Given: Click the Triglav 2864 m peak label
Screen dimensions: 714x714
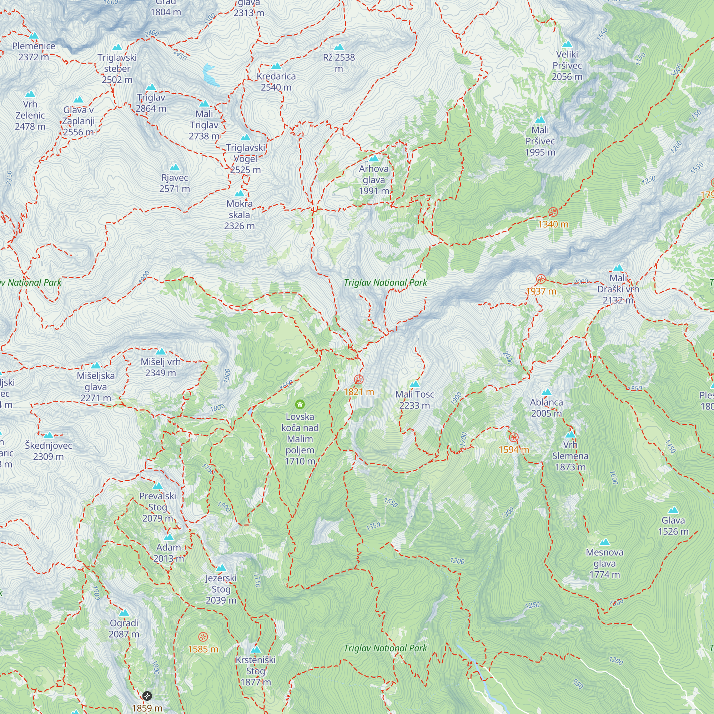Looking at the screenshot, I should [x=151, y=103].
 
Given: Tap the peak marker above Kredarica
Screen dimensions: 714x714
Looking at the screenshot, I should [x=276, y=66].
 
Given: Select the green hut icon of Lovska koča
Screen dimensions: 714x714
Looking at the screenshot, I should [x=300, y=404].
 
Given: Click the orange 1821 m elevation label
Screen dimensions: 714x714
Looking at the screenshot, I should [x=358, y=392].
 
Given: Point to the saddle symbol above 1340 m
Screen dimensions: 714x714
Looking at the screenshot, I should [x=553, y=212].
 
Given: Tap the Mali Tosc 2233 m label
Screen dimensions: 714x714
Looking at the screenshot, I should [x=414, y=400].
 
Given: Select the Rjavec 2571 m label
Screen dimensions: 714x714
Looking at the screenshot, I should [x=175, y=183].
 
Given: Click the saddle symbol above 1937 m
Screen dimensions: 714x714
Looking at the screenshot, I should [x=540, y=279].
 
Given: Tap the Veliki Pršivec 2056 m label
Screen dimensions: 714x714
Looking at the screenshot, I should [x=567, y=65].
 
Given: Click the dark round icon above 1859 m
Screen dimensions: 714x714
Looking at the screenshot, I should [x=147, y=696].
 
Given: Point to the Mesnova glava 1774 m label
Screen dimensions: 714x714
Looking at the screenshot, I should [x=604, y=563].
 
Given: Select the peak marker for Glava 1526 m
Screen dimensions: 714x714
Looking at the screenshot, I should [x=673, y=510].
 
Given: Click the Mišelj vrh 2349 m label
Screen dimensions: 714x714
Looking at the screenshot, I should [x=160, y=367].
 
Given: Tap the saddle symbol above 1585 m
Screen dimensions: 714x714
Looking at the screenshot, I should [x=203, y=637].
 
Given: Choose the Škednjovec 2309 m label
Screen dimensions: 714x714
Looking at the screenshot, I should [x=49, y=451].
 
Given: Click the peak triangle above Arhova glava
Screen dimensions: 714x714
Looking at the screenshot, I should [x=374, y=159].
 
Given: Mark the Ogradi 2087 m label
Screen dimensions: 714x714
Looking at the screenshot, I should [x=124, y=629].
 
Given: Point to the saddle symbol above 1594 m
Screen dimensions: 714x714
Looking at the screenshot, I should [x=513, y=438].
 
